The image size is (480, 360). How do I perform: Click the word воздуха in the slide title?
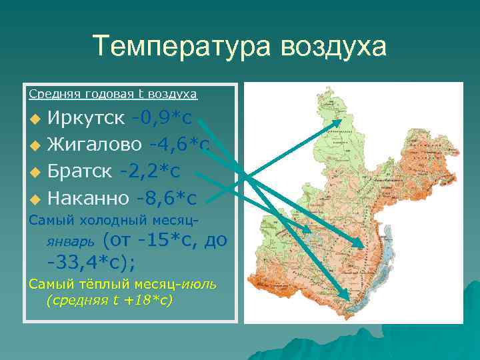(333, 47)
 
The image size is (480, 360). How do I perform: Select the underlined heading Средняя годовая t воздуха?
(113, 93)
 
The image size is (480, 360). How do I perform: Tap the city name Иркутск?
(85, 118)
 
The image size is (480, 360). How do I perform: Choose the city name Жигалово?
(94, 144)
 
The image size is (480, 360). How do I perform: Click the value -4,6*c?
(179, 144)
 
